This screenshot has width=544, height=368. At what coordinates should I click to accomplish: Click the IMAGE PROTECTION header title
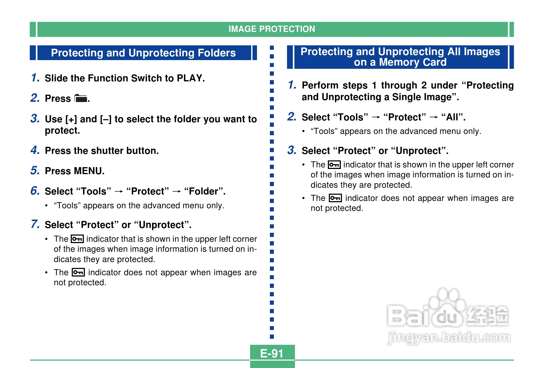[x=272, y=29]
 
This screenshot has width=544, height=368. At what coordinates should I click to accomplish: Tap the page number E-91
[x=272, y=354]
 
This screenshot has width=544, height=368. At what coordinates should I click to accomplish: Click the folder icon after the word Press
[x=81, y=98]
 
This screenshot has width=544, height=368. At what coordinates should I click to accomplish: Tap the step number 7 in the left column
[x=35, y=224]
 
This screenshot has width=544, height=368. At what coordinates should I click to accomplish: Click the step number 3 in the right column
[x=292, y=150]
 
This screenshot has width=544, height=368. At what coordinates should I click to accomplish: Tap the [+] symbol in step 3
[x=71, y=119]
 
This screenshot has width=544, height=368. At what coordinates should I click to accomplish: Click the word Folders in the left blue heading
[x=216, y=53]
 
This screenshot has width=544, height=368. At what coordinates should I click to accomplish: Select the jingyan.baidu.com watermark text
[x=449, y=338]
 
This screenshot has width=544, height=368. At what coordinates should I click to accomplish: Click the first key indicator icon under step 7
[x=77, y=239]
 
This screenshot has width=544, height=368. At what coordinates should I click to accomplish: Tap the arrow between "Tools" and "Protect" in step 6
[x=119, y=191]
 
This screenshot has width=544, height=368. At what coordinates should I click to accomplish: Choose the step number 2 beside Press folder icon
[x=35, y=98]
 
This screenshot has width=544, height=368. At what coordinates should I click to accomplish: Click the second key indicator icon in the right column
[x=335, y=198]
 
